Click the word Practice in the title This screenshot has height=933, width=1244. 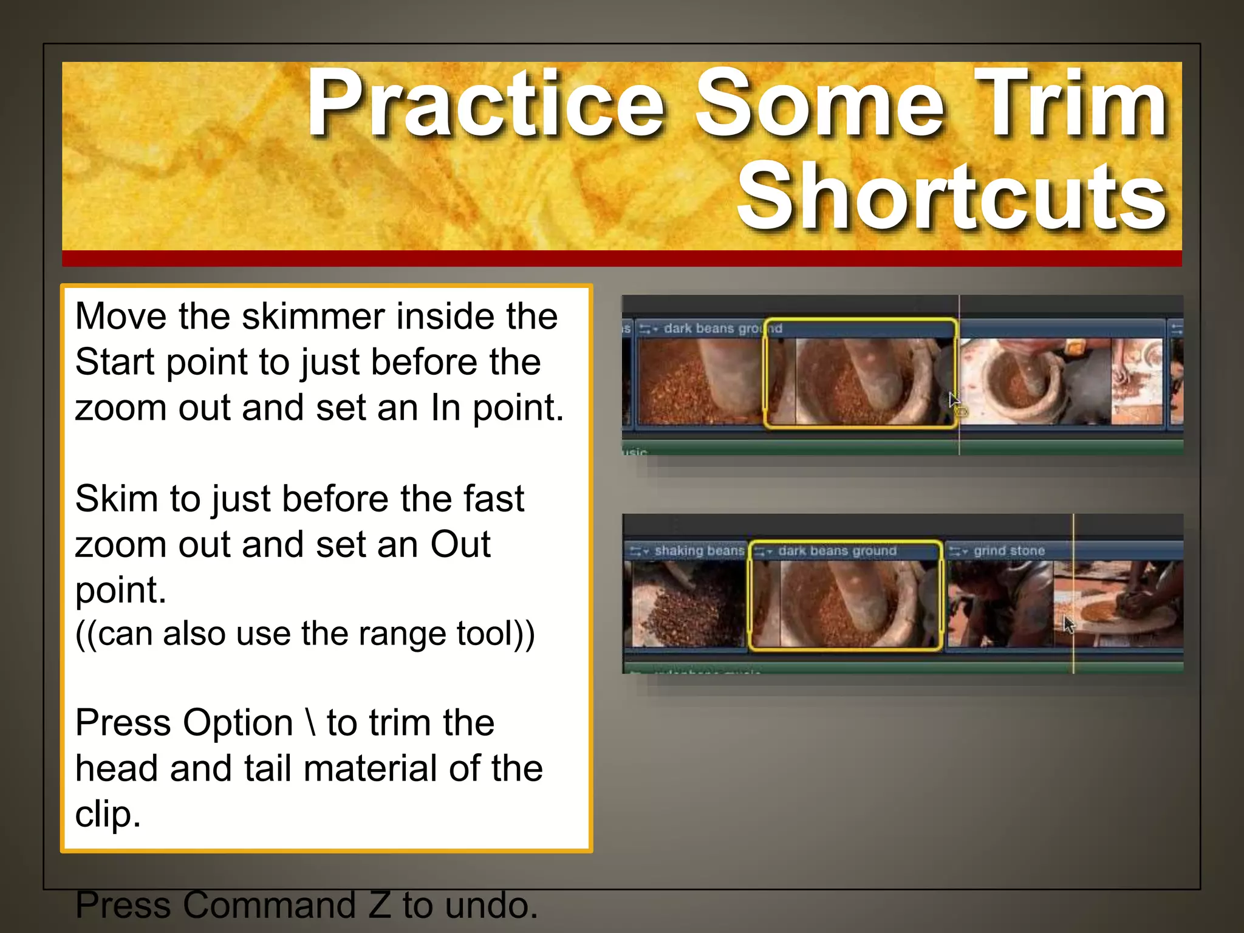[486, 103]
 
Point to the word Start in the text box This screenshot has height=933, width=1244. [115, 362]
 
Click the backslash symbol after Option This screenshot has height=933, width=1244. [311, 723]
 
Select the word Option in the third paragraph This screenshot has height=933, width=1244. [238, 723]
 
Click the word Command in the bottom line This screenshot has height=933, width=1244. [268, 905]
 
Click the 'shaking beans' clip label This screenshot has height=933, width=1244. [699, 551]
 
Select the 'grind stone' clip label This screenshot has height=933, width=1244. [1009, 551]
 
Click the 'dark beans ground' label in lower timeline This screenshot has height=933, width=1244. [837, 551]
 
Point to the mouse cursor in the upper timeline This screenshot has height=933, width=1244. [954, 400]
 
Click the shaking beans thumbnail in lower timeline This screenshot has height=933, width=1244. [688, 604]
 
